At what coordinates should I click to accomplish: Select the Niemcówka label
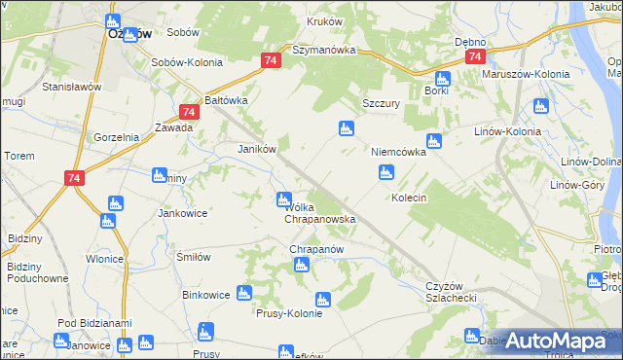[398, 153]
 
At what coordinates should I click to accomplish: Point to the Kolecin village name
[409, 198]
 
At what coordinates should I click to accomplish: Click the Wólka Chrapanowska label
[319, 213]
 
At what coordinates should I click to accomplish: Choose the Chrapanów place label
[317, 249]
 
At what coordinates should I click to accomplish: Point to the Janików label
[259, 149]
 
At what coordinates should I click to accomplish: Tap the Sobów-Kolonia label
[187, 62]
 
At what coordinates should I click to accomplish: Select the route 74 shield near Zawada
[189, 113]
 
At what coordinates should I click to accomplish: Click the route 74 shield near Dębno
[474, 57]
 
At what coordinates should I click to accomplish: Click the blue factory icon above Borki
[442, 79]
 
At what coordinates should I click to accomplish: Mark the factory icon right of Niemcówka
[434, 140]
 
